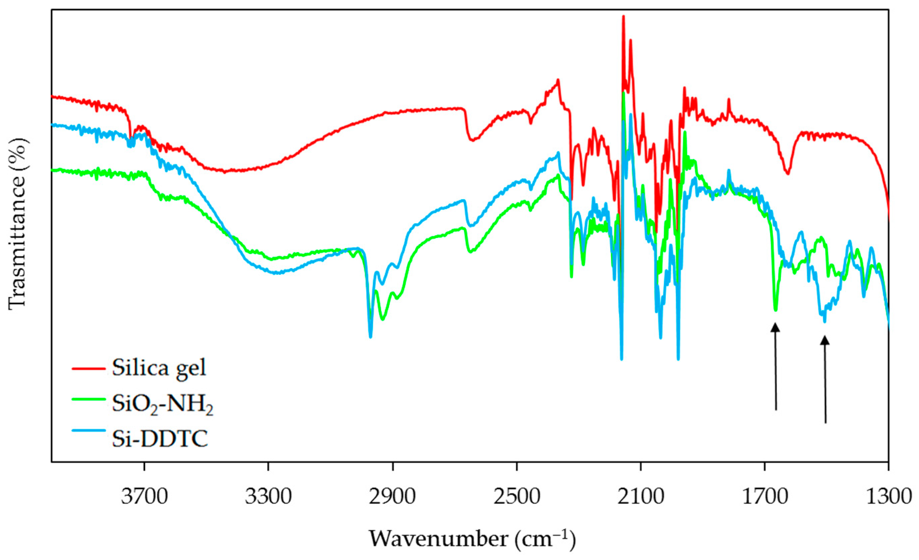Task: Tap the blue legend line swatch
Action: tap(89, 431)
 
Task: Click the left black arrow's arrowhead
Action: tap(775, 328)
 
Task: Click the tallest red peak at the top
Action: tap(623, 17)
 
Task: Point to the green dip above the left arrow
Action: tap(775, 310)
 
